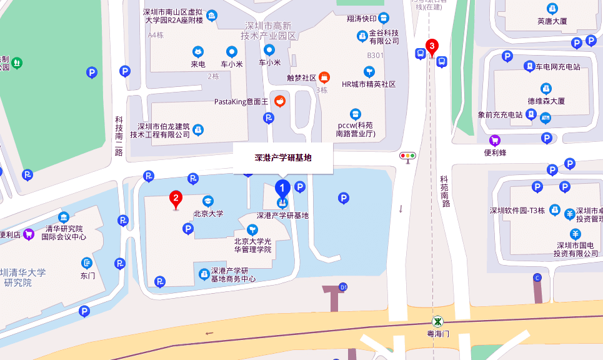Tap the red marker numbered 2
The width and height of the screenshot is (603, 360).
coord(176,200)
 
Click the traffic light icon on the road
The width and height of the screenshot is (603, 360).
coord(408,156)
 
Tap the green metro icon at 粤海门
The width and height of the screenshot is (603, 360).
coord(439,322)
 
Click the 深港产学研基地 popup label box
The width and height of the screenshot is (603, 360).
coord(283,158)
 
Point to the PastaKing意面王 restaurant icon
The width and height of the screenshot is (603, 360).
coord(281,101)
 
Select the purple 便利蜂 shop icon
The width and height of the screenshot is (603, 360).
coord(495,139)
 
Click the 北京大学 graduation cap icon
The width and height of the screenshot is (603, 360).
coord(207,201)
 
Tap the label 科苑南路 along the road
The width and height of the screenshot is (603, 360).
coord(445,191)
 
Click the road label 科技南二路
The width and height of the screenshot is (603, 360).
coord(118,136)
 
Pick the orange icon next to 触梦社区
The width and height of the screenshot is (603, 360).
coord(324,77)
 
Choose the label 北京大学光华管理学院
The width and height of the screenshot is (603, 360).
coord(252,245)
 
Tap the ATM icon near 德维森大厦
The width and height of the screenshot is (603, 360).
coord(546,116)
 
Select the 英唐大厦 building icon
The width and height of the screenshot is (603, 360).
coord(552,8)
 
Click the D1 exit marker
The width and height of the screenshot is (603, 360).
coord(342,287)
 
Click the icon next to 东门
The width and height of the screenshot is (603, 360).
coord(86,263)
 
